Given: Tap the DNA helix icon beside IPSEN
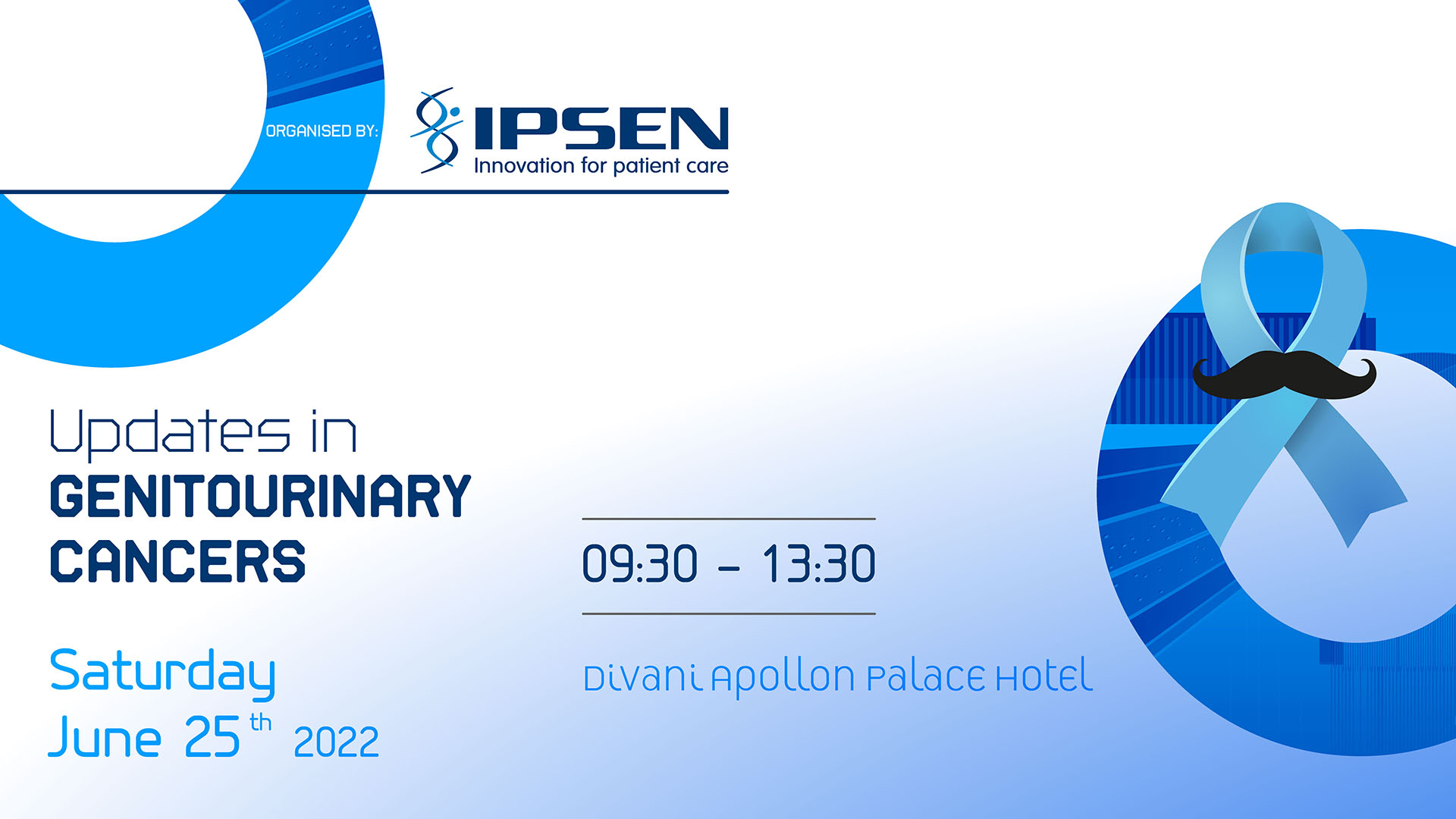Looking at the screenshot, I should (x=437, y=130).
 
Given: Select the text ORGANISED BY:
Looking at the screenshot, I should (x=322, y=131).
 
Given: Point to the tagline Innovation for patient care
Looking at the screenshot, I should (x=601, y=166).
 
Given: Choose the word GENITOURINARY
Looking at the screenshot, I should (x=260, y=497).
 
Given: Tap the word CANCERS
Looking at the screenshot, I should (x=177, y=562).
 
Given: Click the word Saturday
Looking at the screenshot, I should (x=162, y=673).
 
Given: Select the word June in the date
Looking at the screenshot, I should (x=105, y=737).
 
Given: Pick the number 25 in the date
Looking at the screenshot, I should (x=212, y=737).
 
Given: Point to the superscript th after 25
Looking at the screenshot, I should (x=261, y=722).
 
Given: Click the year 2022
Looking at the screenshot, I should (x=336, y=742).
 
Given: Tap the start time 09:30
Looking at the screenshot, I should (x=639, y=565).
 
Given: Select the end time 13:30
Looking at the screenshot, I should (x=819, y=565).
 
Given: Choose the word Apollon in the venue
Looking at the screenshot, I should (x=783, y=677).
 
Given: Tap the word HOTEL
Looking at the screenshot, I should (x=1043, y=677).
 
